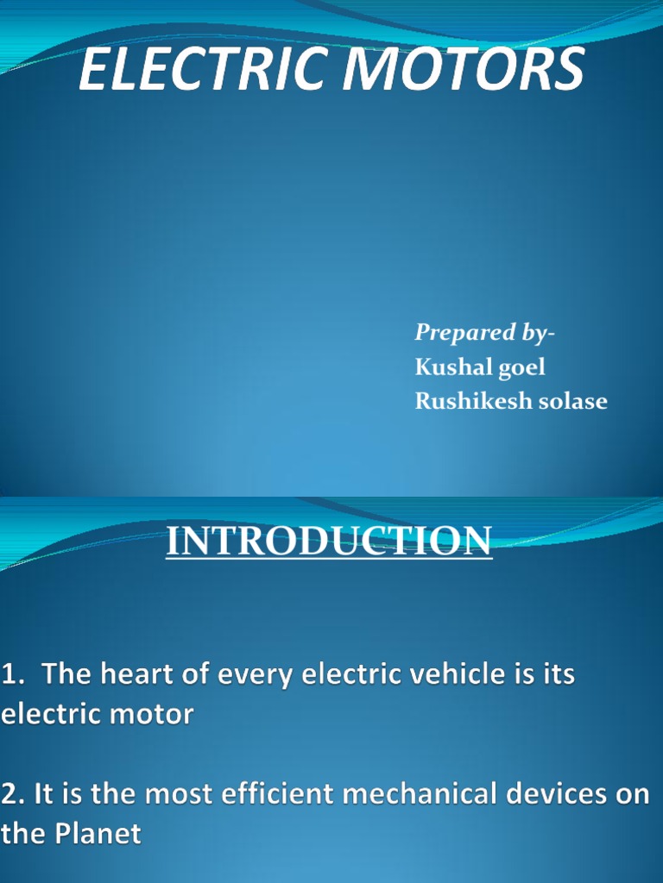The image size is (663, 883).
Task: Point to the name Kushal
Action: tap(451, 367)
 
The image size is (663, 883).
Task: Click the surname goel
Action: tap(520, 367)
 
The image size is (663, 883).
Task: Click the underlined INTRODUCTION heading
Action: tap(329, 542)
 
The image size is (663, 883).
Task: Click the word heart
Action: tap(141, 674)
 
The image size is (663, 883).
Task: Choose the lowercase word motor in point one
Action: tap(155, 715)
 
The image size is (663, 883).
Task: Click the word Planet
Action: tap(98, 834)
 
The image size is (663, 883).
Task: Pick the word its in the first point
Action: tap(557, 674)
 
